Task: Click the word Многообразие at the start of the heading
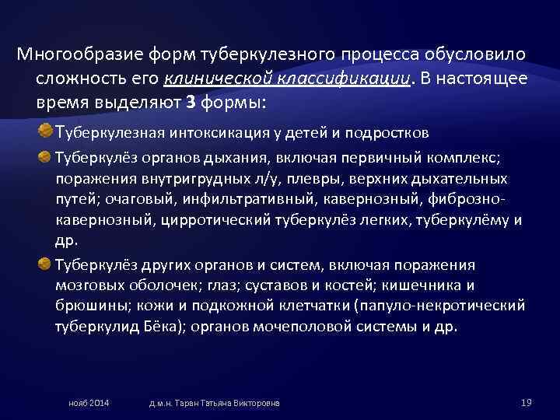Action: click(68, 55)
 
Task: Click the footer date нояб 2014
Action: click(89, 403)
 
